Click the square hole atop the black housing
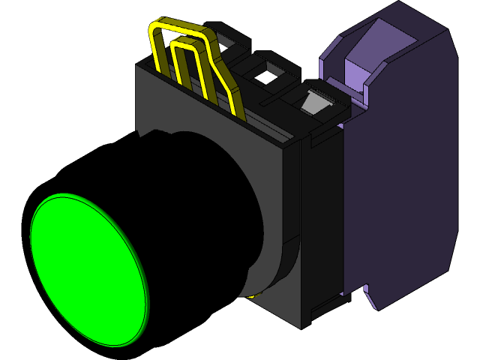[x=267, y=74]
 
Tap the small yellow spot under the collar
[x=251, y=295]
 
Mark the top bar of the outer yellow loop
[x=180, y=28]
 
